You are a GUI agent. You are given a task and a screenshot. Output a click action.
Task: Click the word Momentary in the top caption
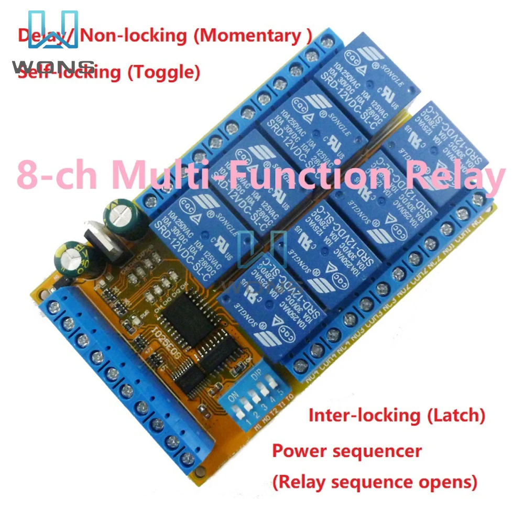(x=255, y=36)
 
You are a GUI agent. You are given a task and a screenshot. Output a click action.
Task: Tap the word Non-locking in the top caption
(x=134, y=36)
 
